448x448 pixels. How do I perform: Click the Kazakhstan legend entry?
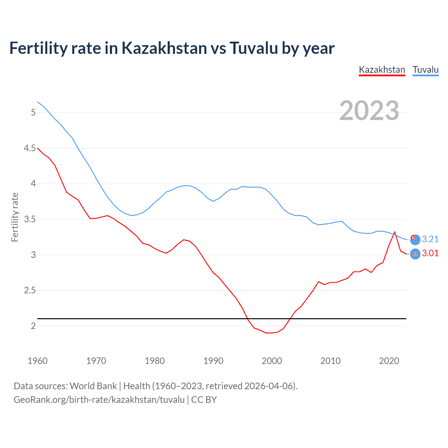(382, 70)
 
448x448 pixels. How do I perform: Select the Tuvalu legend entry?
(425, 70)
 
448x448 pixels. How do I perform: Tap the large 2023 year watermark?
(369, 111)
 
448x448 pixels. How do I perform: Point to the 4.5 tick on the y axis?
(30, 148)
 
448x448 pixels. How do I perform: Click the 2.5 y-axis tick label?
(30, 290)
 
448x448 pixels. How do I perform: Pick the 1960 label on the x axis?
(37, 361)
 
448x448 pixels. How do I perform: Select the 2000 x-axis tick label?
(272, 361)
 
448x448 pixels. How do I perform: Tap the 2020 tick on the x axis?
(389, 361)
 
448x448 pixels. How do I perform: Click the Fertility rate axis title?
(15, 217)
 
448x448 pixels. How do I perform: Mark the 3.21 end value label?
(430, 239)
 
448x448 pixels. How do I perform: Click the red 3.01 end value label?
(430, 253)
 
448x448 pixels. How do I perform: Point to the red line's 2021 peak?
(395, 232)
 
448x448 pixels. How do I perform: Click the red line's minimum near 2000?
(269, 333)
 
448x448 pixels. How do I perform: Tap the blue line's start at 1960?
(37, 102)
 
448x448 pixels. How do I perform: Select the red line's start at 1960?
(37, 148)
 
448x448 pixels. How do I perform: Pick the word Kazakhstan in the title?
(164, 48)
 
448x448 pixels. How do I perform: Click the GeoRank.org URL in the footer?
(99, 400)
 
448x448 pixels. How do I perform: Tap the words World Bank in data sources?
(93, 386)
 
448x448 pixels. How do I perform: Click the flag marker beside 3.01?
(415, 254)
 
